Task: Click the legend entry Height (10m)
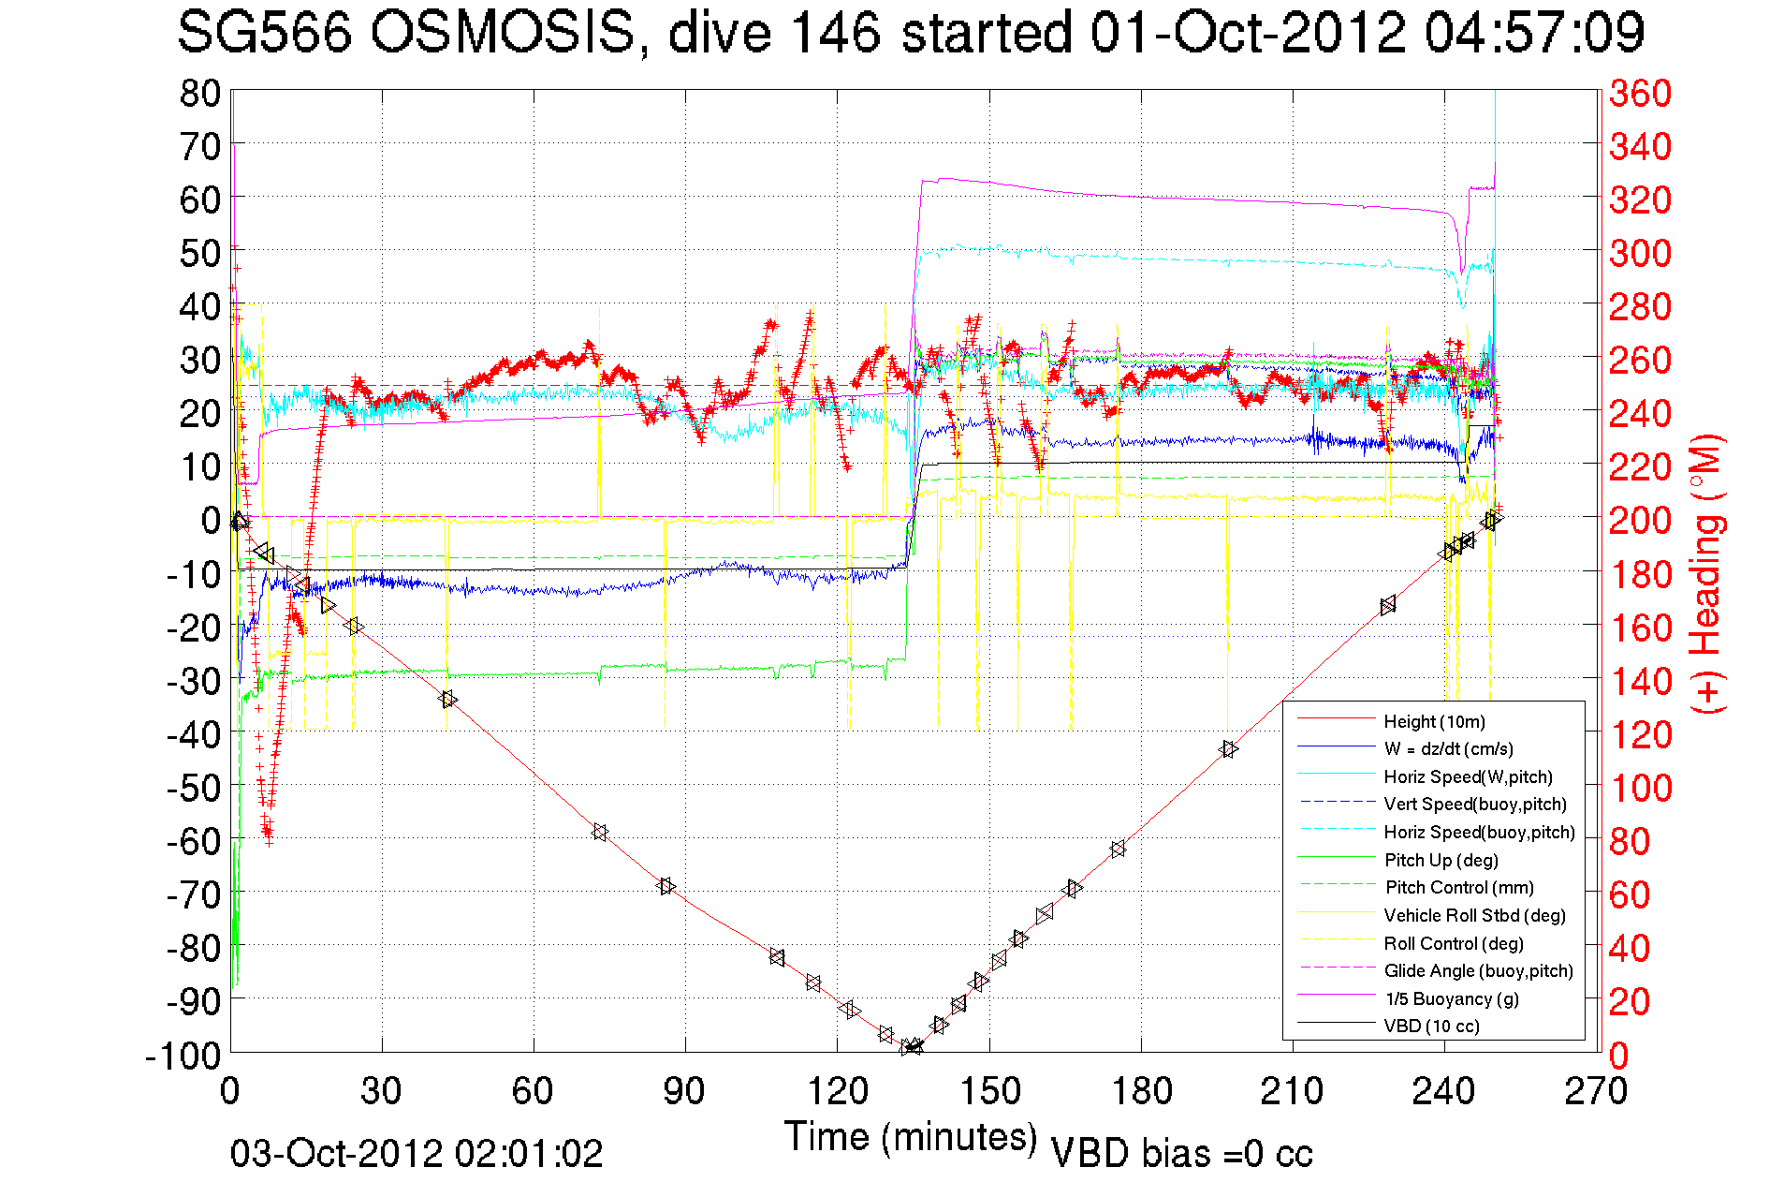click(x=1434, y=721)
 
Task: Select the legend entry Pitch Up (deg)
click(x=1441, y=860)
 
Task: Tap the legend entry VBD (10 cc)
click(x=1431, y=1026)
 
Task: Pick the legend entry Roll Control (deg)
click(x=1453, y=943)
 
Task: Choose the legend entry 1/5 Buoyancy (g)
click(x=1452, y=998)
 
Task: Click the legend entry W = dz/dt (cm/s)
click(x=1448, y=748)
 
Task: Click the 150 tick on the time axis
click(x=989, y=1091)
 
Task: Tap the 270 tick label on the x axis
click(x=1596, y=1091)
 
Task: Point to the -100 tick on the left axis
click(x=183, y=1056)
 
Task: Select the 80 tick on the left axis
click(x=200, y=93)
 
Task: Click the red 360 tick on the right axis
click(x=1640, y=93)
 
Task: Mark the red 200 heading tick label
click(x=1640, y=520)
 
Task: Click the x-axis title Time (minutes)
click(x=911, y=1137)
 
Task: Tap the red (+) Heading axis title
click(x=1707, y=573)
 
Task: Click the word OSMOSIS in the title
click(x=503, y=33)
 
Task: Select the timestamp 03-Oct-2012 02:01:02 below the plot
click(x=417, y=1153)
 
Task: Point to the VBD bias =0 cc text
click(x=1181, y=1153)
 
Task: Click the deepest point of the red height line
click(x=911, y=1047)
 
